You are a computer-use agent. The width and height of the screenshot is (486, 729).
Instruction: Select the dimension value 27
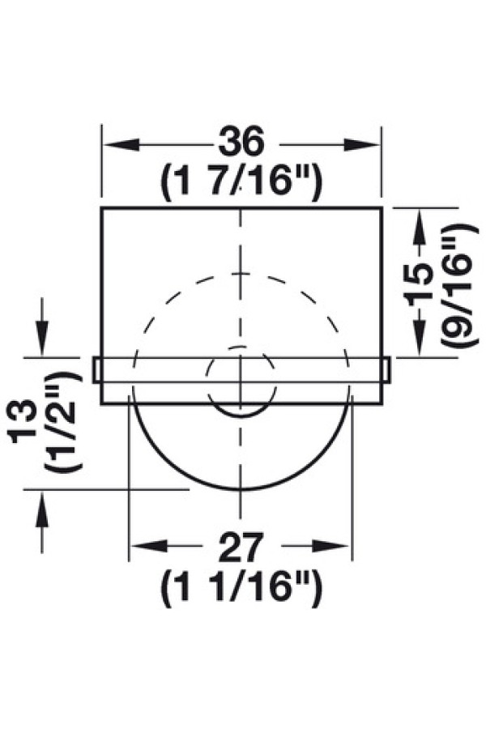(x=241, y=548)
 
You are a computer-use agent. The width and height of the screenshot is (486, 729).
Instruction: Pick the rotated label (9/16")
(x=459, y=285)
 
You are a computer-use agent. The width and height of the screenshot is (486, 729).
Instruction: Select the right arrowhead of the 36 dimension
(x=362, y=145)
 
